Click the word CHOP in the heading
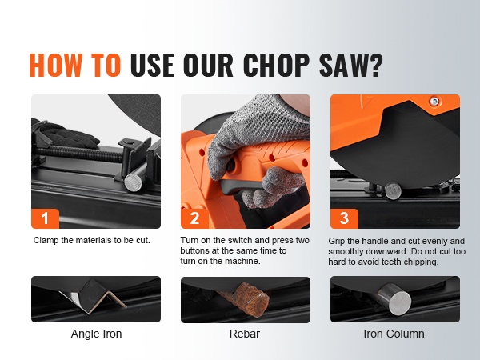pos(276,66)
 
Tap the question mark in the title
pos(375,66)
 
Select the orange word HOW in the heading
pos(55,66)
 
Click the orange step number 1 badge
pos(45,218)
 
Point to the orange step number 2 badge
pos(194,218)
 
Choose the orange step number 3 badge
pos(344,218)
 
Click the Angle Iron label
pos(96,334)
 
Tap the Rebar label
pos(245,334)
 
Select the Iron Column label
pos(394,334)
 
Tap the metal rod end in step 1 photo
pos(134,182)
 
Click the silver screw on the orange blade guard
pos(434,102)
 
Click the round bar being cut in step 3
pos(393,191)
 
